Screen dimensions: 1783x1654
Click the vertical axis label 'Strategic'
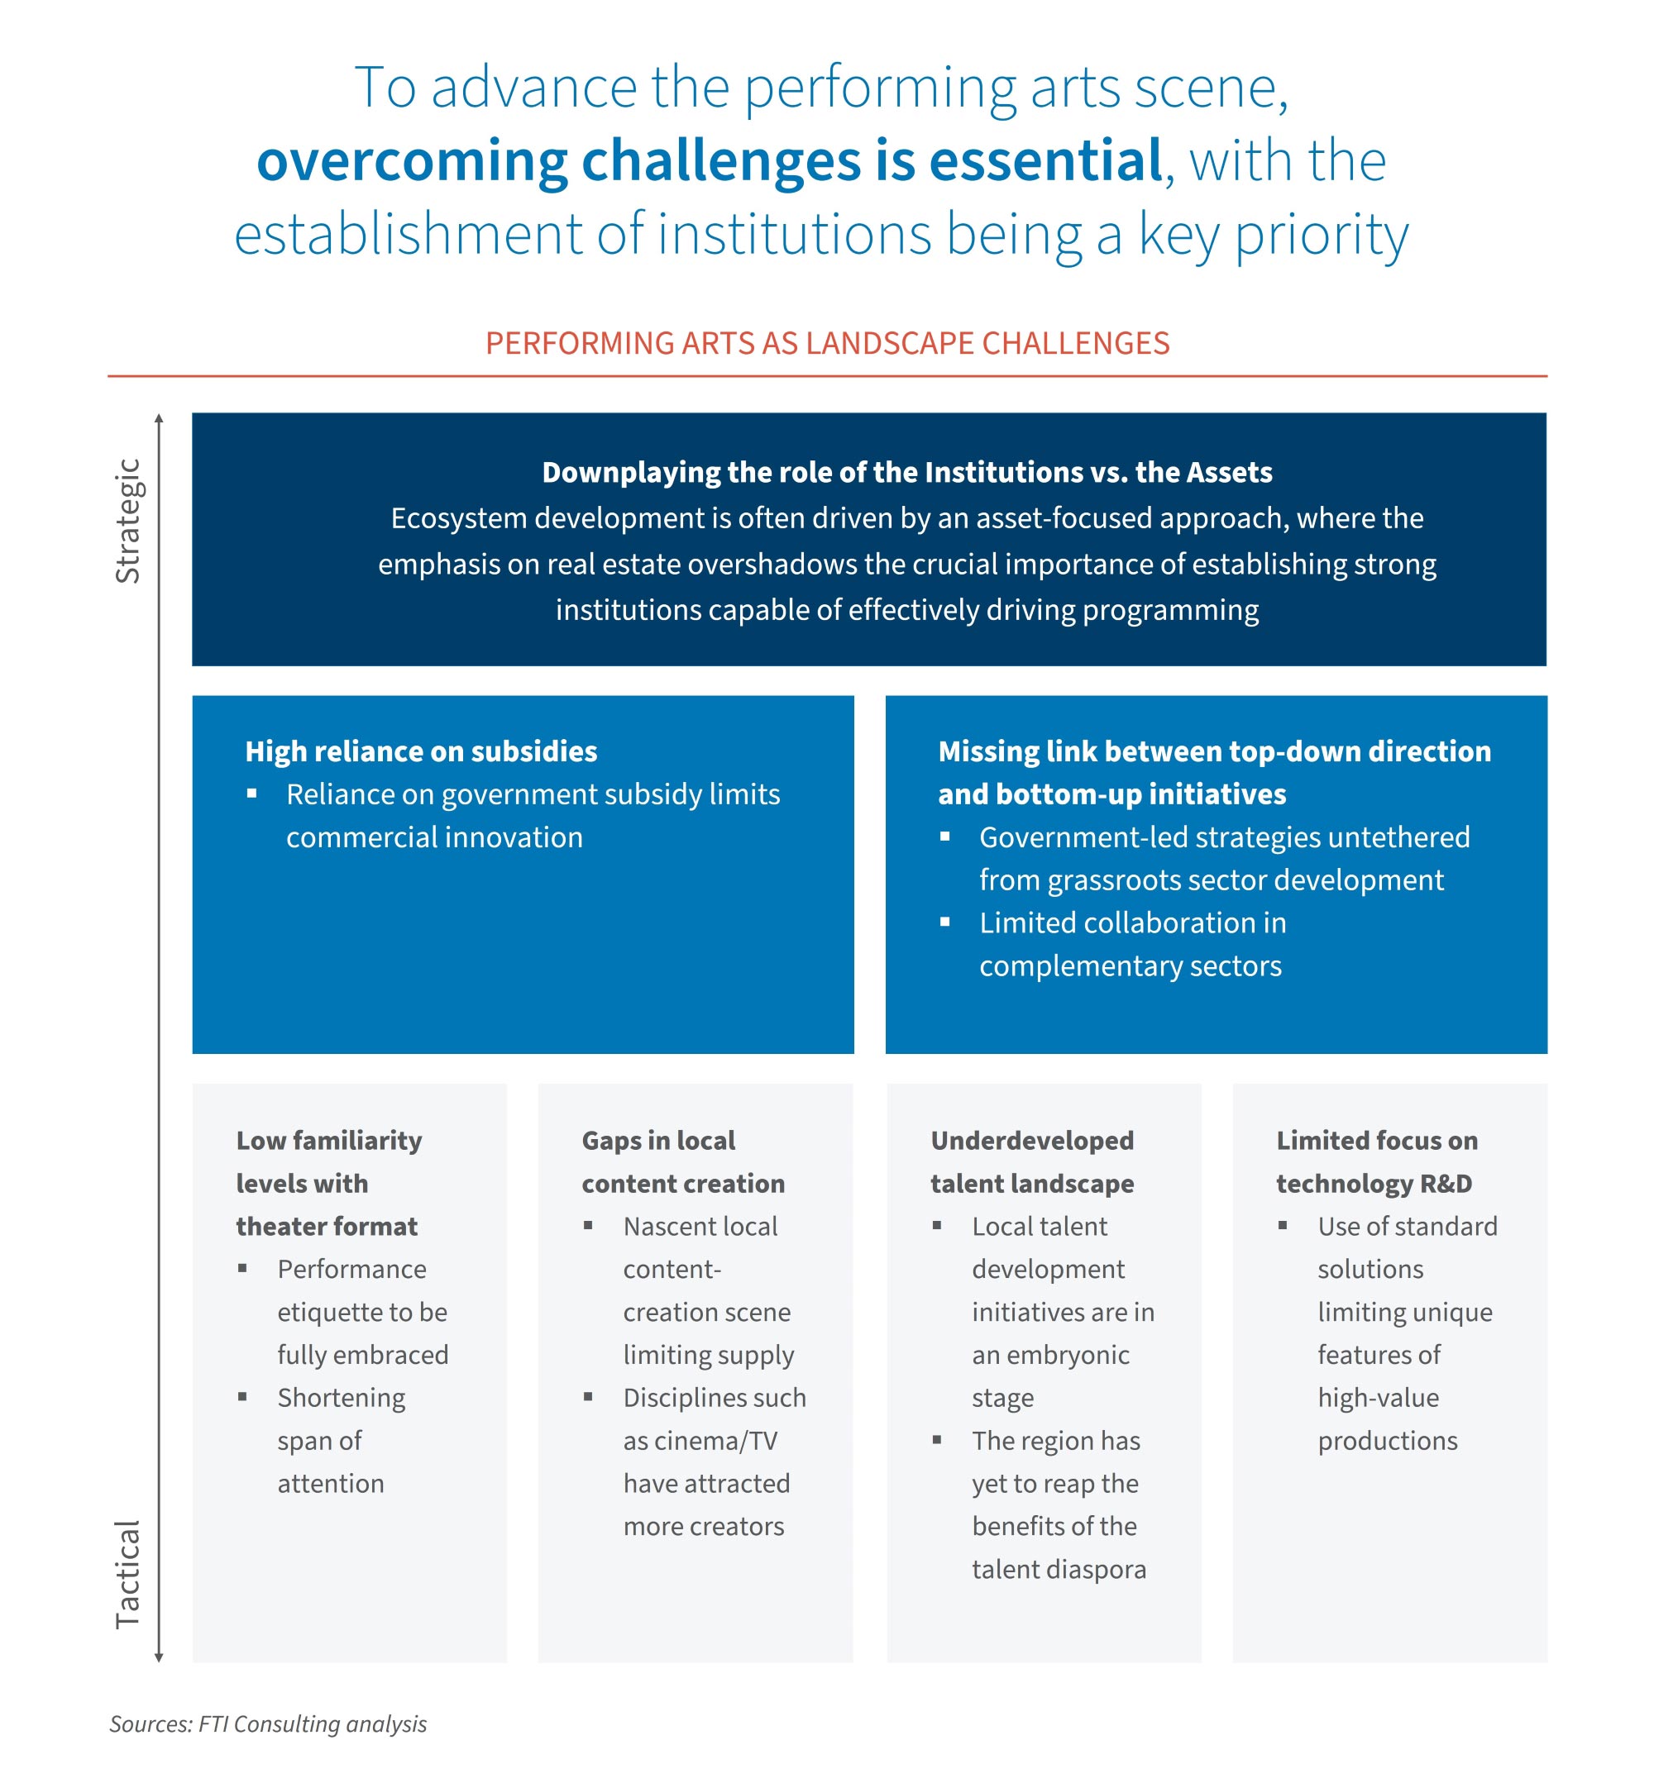[x=128, y=522]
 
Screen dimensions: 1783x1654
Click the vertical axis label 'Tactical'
[x=128, y=1574]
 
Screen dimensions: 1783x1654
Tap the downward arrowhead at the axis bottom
[x=160, y=1657]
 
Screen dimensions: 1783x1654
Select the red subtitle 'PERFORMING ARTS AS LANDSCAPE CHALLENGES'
[x=827, y=344]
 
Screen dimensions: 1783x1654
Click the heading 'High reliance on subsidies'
[x=421, y=751]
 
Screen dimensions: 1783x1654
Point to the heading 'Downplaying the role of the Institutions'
[x=906, y=472]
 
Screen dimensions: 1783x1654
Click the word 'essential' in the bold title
[x=1045, y=161]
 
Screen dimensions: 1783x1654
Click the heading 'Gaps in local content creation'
[x=682, y=1161]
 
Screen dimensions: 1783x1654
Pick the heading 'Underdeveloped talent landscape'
[x=1032, y=1161]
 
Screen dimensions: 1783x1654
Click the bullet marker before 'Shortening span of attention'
[x=242, y=1396]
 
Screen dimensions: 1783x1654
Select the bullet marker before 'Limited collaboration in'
[x=944, y=922]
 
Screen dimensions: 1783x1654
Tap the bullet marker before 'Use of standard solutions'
[x=1283, y=1226]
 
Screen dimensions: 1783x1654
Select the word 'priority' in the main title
[x=1322, y=235]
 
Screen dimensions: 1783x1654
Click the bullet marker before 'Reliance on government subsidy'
[x=252, y=794]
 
